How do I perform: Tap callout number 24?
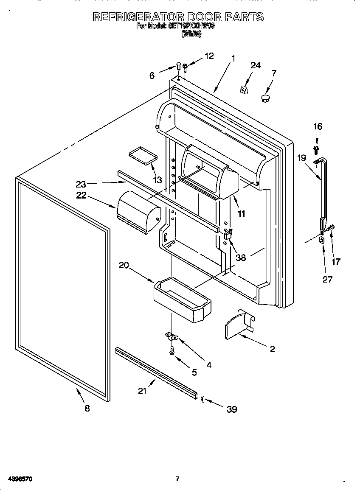pos(255,65)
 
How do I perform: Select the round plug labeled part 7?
pos(265,99)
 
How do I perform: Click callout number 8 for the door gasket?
pos(87,408)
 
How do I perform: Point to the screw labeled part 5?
pos(172,350)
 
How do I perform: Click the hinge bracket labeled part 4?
pos(171,336)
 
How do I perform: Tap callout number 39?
pos(231,409)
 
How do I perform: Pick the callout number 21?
pos(142,391)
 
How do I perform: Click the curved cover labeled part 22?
pos(138,211)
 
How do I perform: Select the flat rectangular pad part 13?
pos(141,154)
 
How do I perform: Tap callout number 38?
pos(240,258)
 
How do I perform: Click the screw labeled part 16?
pos(316,148)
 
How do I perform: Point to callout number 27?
pos(327,279)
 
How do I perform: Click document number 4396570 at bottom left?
pos(20,479)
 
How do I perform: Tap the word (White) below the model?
pos(191,34)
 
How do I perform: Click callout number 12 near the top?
pos(209,56)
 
